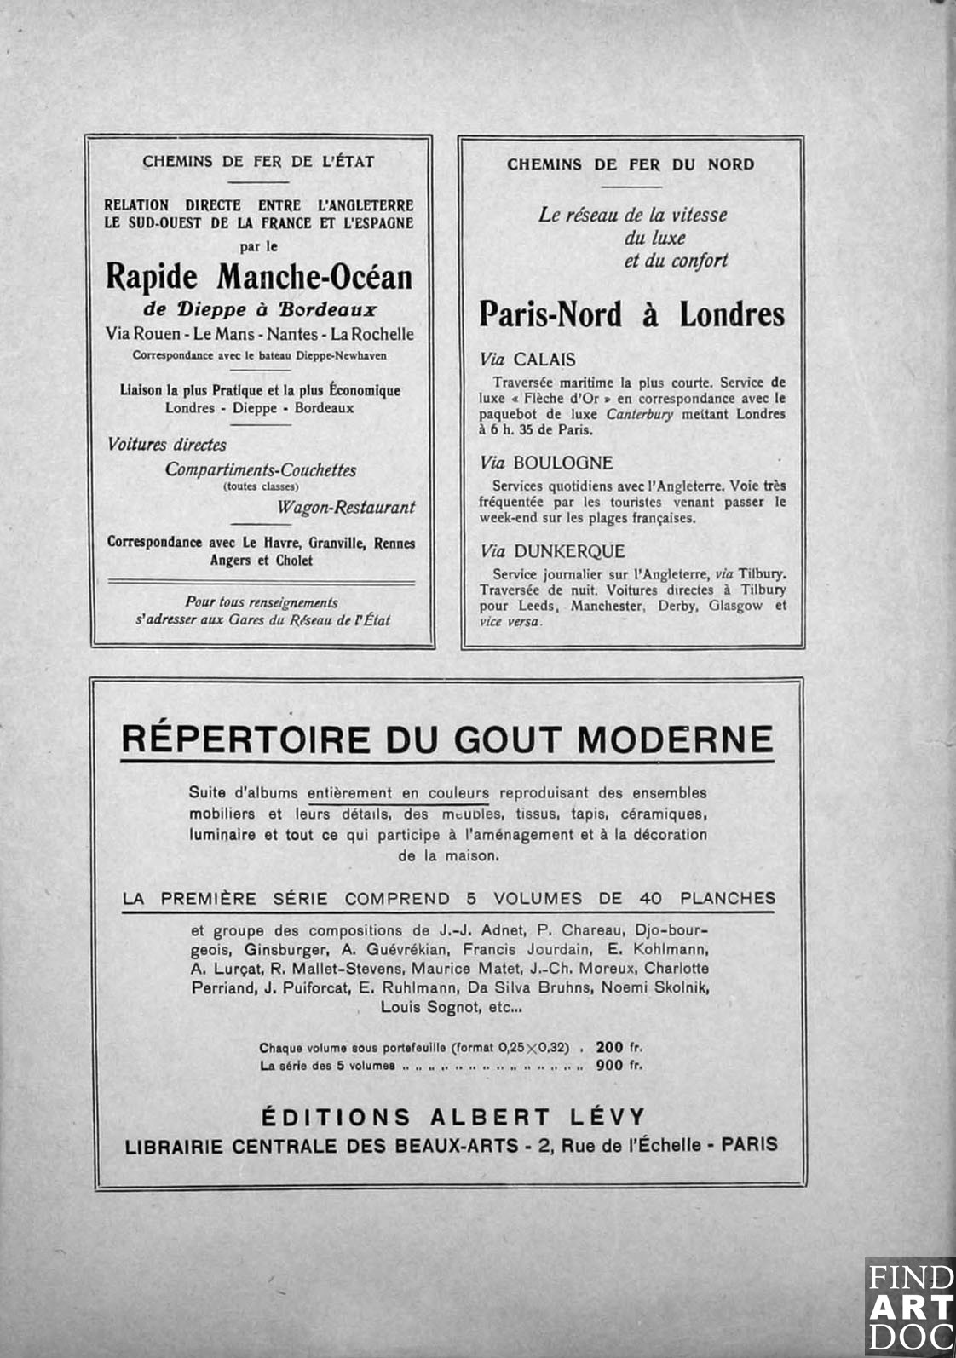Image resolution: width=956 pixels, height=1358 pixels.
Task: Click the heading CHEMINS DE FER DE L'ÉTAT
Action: coord(258,161)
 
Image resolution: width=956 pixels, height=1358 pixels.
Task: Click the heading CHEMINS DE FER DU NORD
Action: coord(631,164)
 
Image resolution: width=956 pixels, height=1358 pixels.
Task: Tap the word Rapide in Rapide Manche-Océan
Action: coord(152,277)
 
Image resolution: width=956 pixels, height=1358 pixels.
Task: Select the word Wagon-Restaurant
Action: coord(346,508)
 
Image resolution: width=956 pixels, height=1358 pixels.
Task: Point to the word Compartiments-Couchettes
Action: coord(261,470)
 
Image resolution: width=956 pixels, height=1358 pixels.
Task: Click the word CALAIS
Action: coord(544,360)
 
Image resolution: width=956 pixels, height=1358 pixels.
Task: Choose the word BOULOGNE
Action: coord(563,463)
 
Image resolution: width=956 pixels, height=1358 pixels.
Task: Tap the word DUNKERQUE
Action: coord(569,551)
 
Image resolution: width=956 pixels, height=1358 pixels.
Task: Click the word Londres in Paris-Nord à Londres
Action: coord(732,314)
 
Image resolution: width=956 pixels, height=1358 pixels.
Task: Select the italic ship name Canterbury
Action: coord(639,414)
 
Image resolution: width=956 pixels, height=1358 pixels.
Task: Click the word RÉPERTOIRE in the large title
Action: coord(245,739)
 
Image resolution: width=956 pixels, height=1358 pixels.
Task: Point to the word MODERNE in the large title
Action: coord(675,739)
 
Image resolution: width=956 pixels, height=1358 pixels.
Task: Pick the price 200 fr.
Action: coord(619,1048)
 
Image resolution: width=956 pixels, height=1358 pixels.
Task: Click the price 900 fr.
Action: coord(619,1065)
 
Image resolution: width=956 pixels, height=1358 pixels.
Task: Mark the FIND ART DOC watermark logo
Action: coord(909,1306)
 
